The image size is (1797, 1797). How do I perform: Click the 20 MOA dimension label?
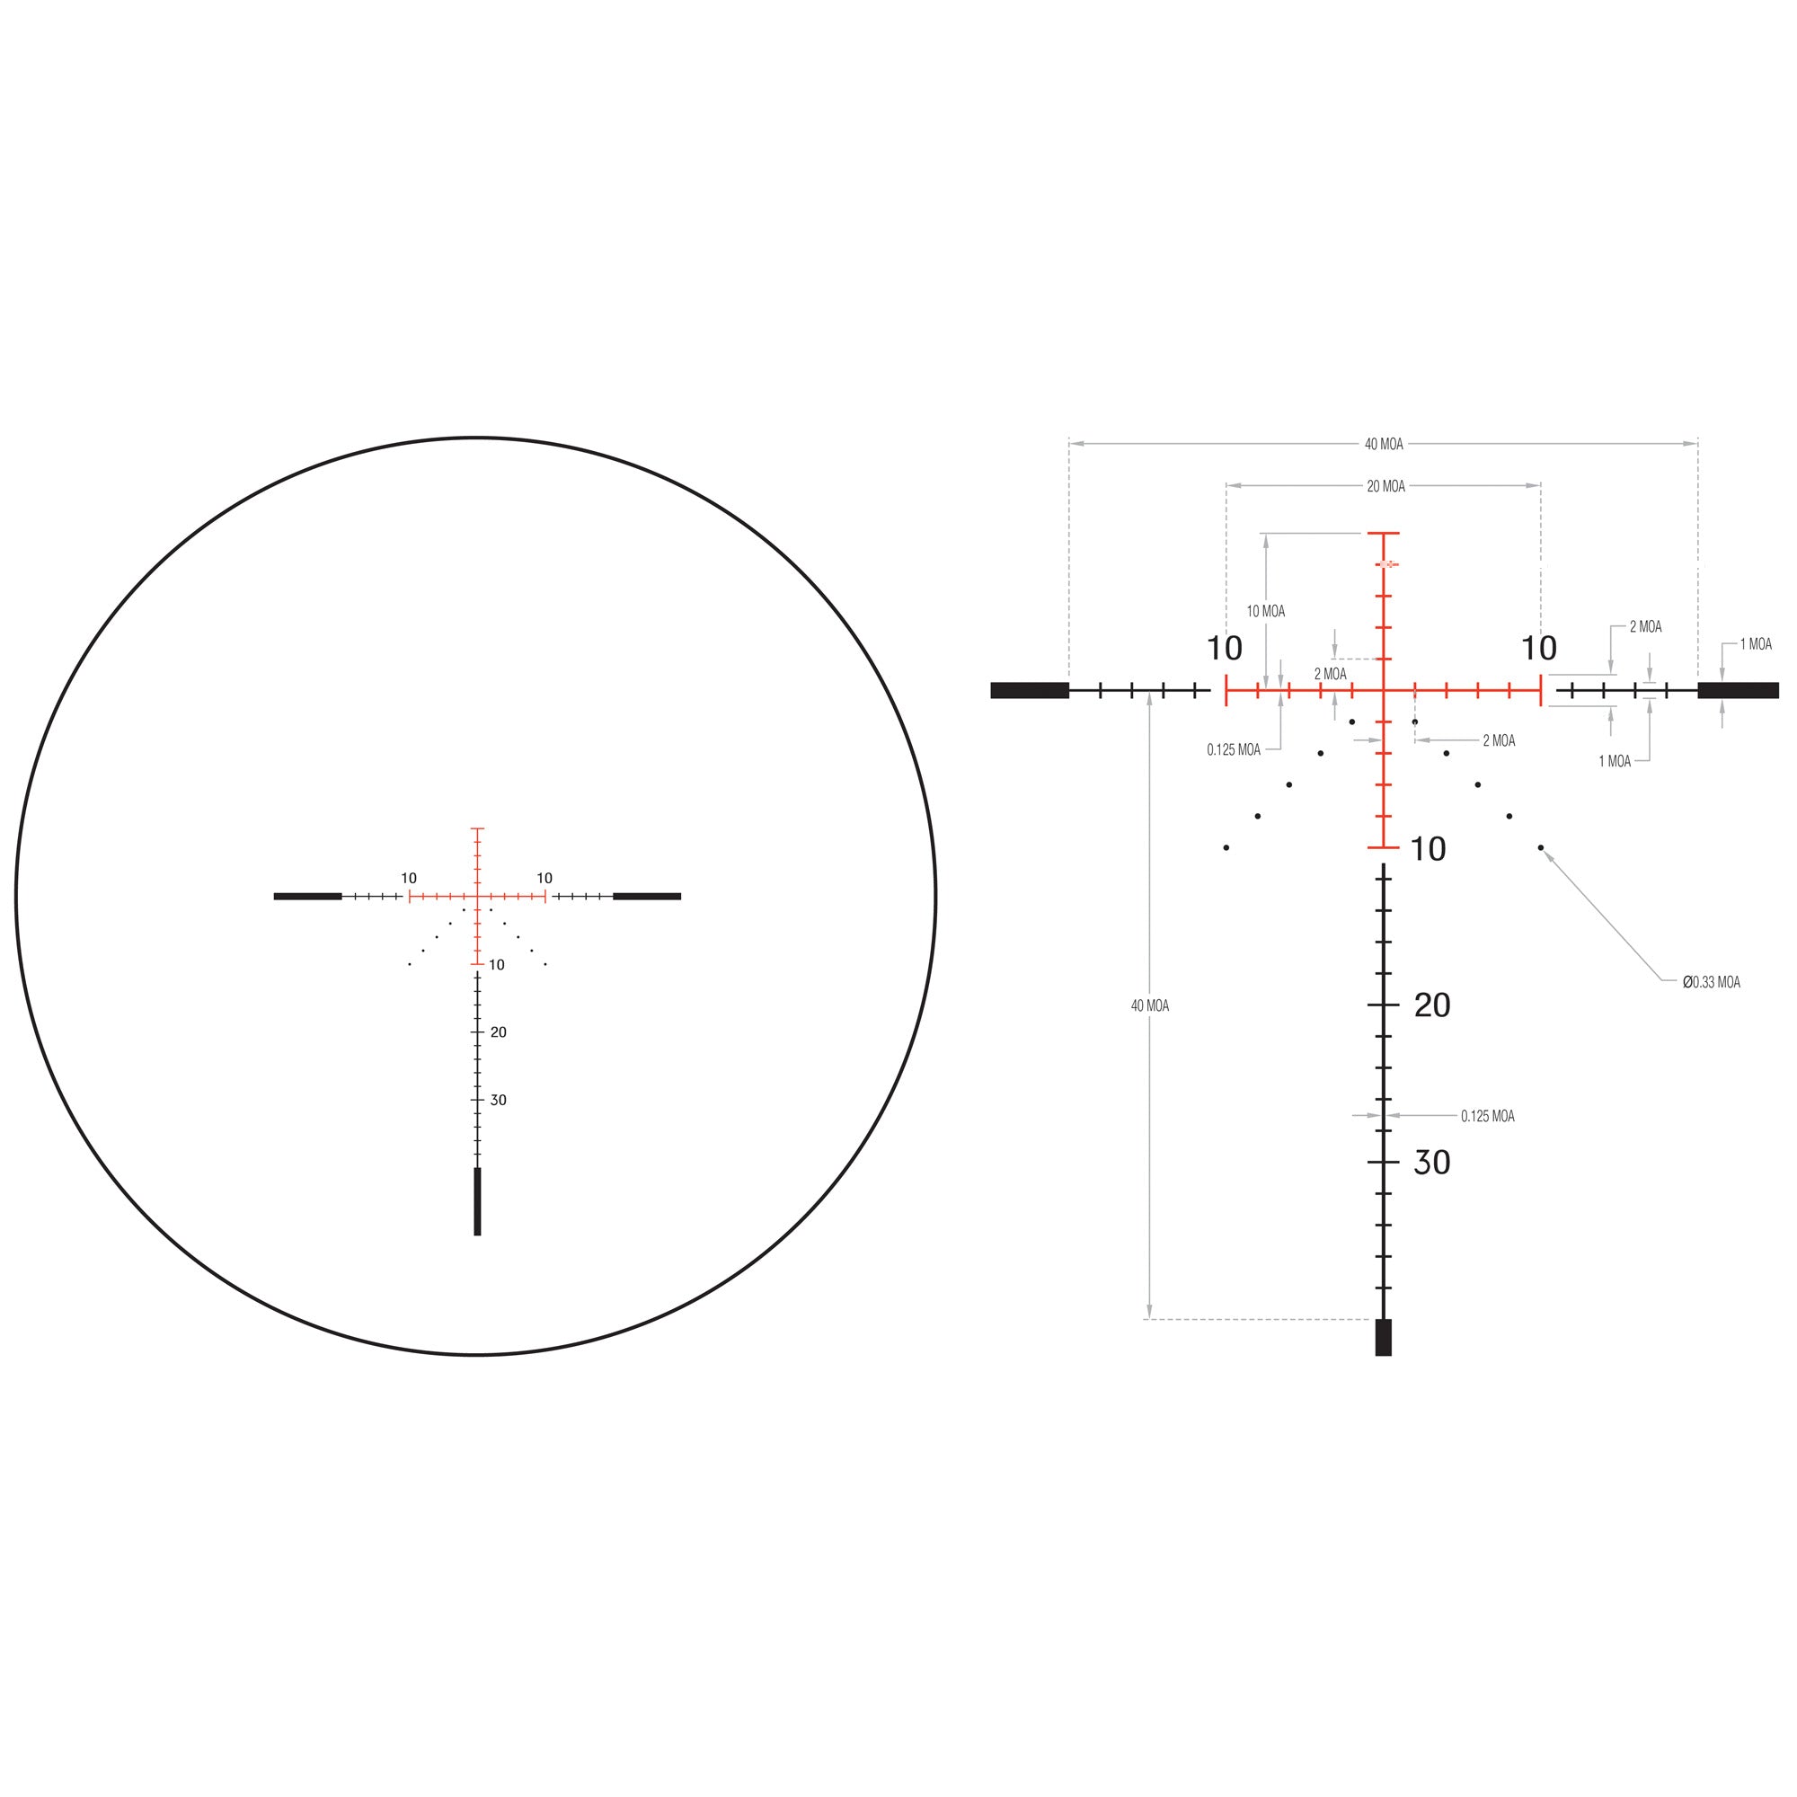[x=1385, y=486]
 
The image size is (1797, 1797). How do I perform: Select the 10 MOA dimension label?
[x=1266, y=611]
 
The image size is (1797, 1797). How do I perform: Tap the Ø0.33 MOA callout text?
[x=1712, y=982]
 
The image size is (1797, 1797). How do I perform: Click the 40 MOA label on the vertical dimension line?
[x=1150, y=1005]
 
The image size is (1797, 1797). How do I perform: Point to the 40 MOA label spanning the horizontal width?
[x=1384, y=445]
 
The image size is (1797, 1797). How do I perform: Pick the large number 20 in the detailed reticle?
[x=1432, y=1005]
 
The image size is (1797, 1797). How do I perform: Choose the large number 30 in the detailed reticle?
[x=1432, y=1163]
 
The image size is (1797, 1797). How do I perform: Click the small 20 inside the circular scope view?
[x=499, y=1032]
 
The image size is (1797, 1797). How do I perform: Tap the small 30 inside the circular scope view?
[x=499, y=1101]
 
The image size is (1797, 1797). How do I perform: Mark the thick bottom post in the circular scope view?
[x=478, y=1200]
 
